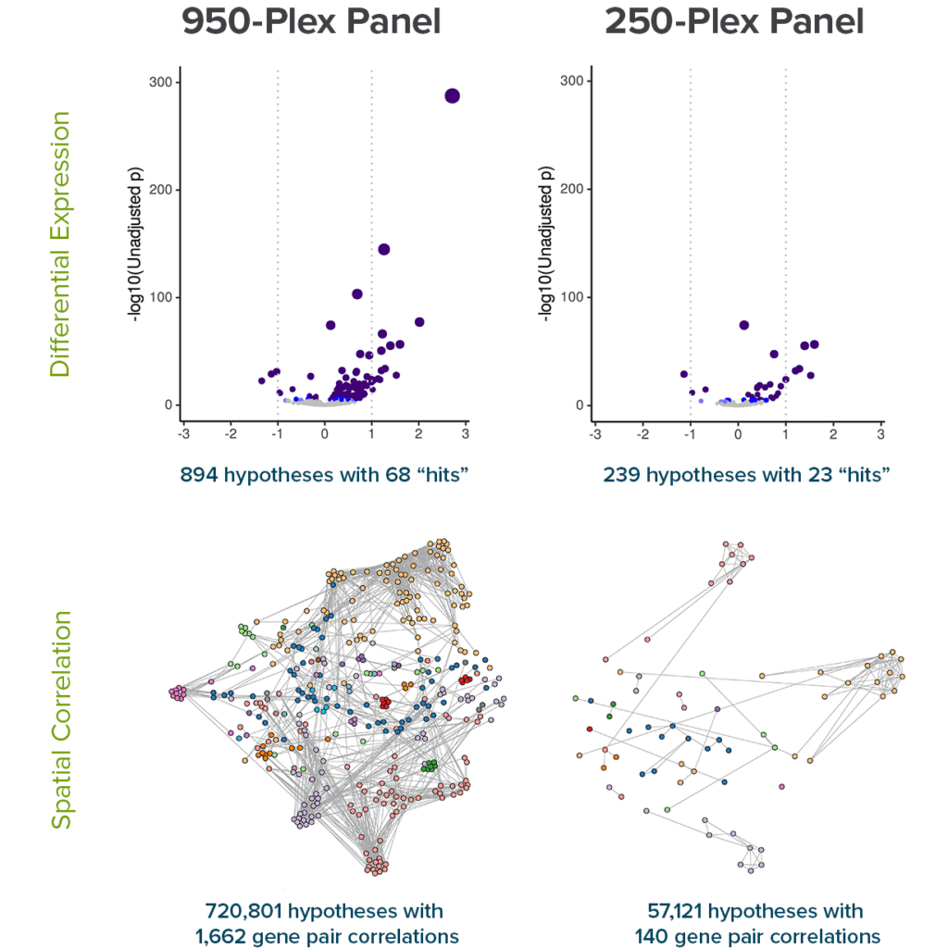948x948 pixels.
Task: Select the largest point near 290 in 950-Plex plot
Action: pos(452,96)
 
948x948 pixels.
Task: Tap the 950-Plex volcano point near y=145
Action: pos(383,249)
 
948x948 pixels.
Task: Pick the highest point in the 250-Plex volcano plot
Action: pos(743,325)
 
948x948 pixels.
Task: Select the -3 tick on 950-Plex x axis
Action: pos(183,433)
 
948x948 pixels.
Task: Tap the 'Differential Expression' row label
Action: pos(60,244)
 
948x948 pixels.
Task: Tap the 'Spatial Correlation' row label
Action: pos(60,718)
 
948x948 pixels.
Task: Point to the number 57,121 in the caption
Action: pos(676,911)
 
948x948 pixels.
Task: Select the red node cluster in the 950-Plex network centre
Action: pos(385,703)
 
